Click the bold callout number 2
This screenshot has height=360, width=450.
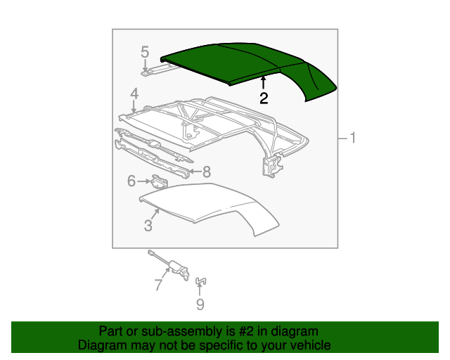tap(264, 98)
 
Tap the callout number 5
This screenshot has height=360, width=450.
tap(145, 52)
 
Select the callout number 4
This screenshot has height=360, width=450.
tap(134, 94)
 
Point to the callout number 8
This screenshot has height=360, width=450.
tap(207, 172)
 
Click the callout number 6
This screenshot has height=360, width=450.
tap(131, 181)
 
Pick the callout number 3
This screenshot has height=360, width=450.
tap(148, 226)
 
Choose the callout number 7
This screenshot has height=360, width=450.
tap(159, 285)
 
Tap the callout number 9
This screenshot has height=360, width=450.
tap(200, 304)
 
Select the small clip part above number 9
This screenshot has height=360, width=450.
tap(201, 281)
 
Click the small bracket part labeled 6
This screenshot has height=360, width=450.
tap(160, 181)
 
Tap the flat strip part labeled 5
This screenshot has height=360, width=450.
tap(160, 70)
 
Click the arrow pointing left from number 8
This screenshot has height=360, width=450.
tap(195, 172)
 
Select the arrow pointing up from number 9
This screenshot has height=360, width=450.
tap(200, 289)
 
